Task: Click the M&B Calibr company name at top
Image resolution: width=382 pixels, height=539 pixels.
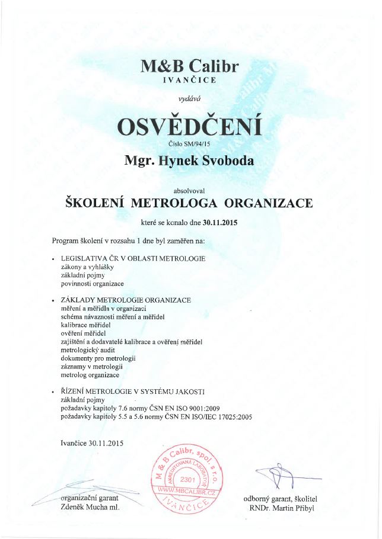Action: (190, 66)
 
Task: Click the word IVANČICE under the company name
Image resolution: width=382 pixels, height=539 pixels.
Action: (190, 80)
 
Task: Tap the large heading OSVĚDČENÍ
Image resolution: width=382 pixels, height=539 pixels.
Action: (190, 126)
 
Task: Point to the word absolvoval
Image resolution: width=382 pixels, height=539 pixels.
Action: (190, 191)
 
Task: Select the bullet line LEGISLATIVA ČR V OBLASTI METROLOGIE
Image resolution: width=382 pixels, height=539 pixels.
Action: (133, 258)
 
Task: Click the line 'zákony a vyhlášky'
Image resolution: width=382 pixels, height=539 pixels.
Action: (87, 267)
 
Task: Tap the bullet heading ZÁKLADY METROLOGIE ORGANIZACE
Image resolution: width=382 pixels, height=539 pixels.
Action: (126, 300)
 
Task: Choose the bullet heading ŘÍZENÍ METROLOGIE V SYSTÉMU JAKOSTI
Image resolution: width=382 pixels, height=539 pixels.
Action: (133, 392)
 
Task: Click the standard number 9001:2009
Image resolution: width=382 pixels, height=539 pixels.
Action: (211, 409)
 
